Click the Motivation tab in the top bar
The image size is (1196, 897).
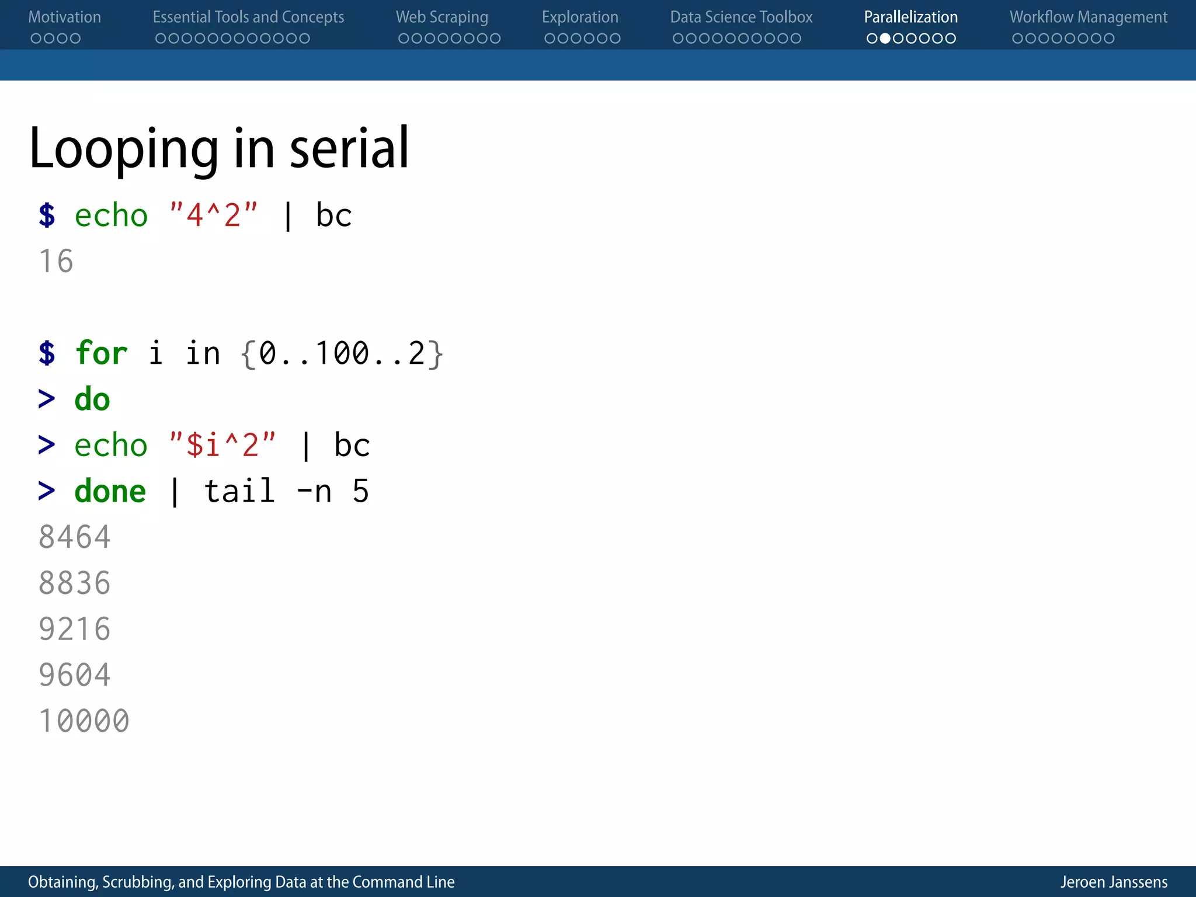64,17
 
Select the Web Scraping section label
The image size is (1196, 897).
441,17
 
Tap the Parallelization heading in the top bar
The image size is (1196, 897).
910,17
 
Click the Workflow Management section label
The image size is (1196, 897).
1088,17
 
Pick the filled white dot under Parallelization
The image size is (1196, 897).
885,39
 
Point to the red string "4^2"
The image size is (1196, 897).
213,215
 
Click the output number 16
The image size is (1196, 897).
56,261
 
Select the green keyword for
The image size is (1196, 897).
101,353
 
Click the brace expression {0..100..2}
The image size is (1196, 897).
342,353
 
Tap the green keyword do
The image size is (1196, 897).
92,399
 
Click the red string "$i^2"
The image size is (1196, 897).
222,445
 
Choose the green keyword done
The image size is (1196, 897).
110,491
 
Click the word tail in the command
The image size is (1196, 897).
239,491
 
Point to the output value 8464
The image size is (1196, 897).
74,537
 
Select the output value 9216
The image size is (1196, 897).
74,629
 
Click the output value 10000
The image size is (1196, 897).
84,721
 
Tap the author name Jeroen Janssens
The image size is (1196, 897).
1114,882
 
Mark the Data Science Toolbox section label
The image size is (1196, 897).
740,17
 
